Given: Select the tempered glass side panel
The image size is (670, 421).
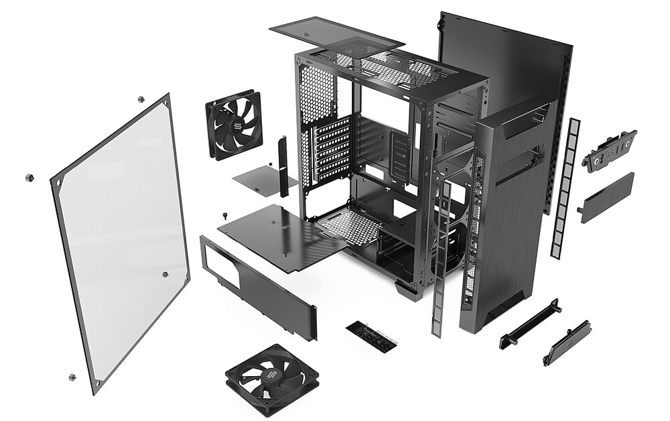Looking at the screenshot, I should (x=121, y=241).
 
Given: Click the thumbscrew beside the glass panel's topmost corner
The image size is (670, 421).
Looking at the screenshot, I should (x=141, y=99).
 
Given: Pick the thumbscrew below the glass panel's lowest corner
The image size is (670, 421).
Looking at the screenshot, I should (x=72, y=377).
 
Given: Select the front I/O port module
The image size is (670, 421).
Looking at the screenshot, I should (x=609, y=151).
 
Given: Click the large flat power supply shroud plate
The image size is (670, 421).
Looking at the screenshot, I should (x=281, y=235).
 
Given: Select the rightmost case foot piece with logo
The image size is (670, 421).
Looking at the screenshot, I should (x=567, y=342).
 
